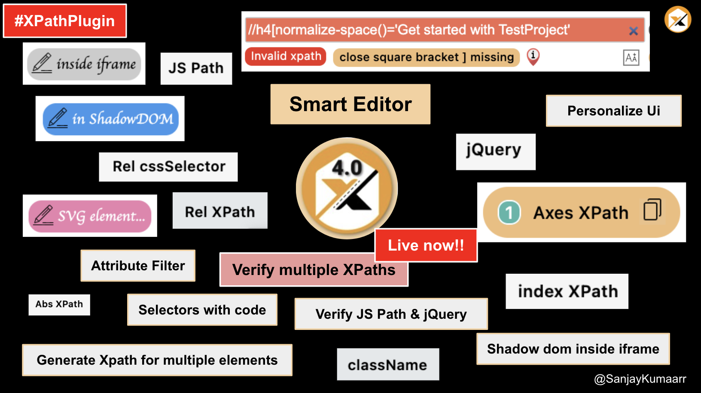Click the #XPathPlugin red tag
(65, 21)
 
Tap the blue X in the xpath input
(633, 31)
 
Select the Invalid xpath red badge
(286, 56)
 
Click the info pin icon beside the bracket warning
(533, 56)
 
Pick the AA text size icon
(631, 57)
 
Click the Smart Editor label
(350, 104)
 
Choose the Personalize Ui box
(613, 111)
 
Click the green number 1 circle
(509, 212)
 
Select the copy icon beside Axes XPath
(652, 210)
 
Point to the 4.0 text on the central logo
(347, 167)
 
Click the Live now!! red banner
(426, 245)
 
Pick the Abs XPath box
(59, 305)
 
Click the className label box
(387, 364)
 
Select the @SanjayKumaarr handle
(640, 379)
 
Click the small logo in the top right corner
(677, 19)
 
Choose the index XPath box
(567, 291)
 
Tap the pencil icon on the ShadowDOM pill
(58, 118)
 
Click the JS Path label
(196, 68)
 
